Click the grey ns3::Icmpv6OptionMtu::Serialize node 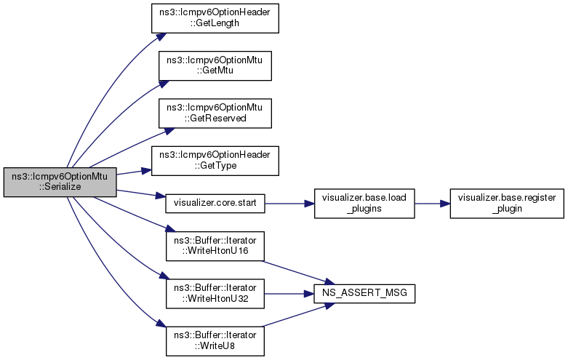coord(60,181)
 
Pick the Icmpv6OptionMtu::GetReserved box coord(215,112)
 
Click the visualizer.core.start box coord(215,200)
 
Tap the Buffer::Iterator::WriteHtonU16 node coord(215,247)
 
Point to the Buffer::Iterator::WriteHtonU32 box coord(215,294)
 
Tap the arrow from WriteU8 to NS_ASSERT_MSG coord(291,317)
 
